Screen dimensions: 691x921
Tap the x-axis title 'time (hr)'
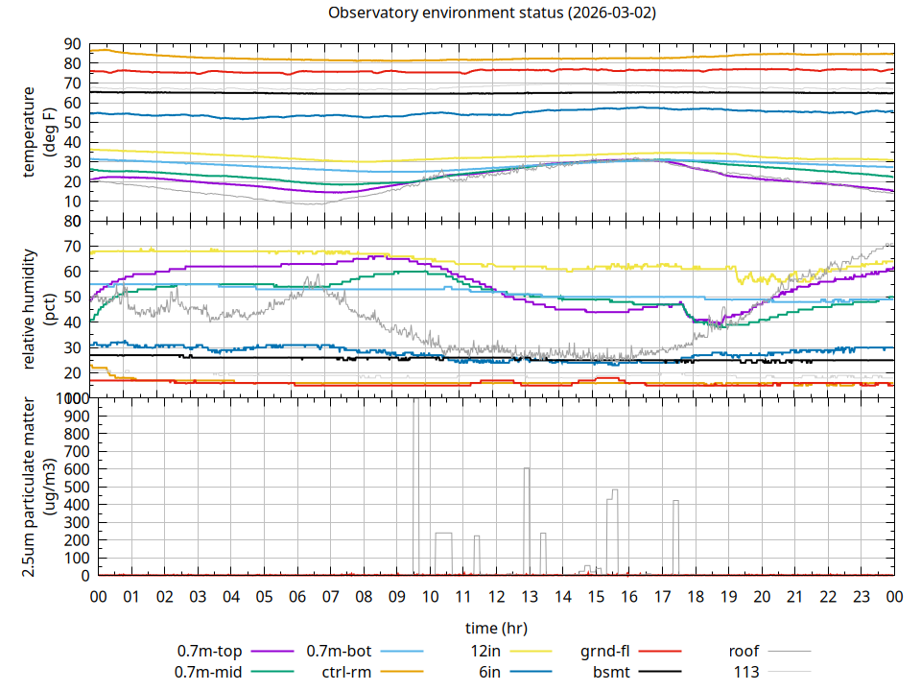(x=496, y=629)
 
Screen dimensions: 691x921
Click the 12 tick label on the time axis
(x=496, y=597)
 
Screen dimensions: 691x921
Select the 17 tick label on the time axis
(x=662, y=597)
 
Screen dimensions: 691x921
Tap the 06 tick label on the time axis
(x=297, y=597)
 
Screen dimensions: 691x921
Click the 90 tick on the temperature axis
(x=73, y=44)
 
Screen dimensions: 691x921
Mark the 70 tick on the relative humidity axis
(x=73, y=247)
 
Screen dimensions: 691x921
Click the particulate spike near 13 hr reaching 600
(x=527, y=469)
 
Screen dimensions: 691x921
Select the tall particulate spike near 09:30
(x=416, y=403)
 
